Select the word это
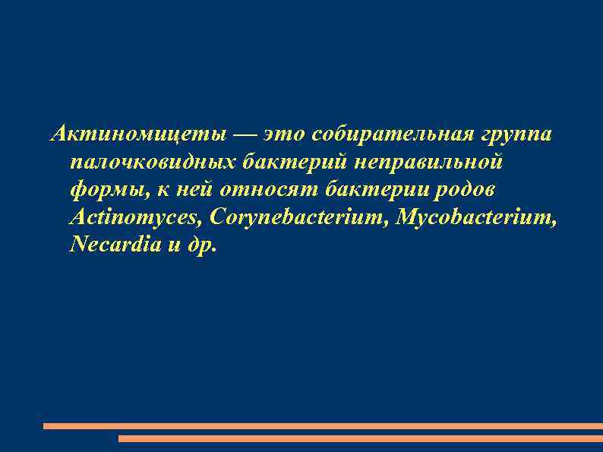pos(284,135)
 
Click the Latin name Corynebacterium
pos(300,217)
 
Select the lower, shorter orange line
pos(361,438)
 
